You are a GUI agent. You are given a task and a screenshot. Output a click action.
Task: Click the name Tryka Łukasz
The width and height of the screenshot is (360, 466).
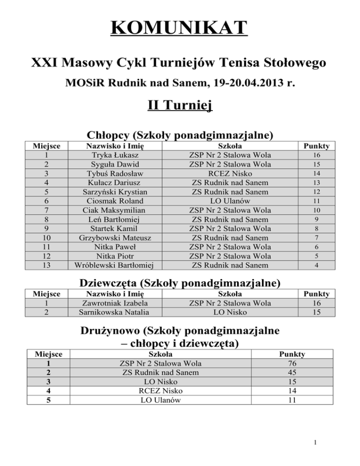point(115,155)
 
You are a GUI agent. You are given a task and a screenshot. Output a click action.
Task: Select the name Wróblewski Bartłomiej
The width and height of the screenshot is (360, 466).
point(115,265)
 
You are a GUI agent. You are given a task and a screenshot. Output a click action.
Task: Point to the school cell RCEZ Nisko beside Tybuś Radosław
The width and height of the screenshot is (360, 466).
point(230,173)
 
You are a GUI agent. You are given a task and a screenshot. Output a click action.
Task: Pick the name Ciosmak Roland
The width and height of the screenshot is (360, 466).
point(115,201)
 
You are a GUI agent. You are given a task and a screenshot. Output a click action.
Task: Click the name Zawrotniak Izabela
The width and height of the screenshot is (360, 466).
point(115,302)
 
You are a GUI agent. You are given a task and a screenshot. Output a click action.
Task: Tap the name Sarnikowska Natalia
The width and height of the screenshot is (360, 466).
point(115,311)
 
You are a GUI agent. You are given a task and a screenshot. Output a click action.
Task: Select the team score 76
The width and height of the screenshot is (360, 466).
point(292,363)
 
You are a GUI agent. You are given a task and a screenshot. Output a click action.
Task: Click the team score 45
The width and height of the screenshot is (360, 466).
point(292,372)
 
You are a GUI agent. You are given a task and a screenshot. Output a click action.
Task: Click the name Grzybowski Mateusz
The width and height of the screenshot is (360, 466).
point(115,238)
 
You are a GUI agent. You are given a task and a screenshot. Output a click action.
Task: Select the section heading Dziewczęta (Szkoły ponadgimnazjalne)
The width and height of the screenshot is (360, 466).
point(180,283)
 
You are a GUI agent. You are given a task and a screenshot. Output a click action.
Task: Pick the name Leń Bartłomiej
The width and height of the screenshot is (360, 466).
point(115,219)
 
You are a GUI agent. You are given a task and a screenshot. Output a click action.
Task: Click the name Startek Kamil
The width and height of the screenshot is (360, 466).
point(115,228)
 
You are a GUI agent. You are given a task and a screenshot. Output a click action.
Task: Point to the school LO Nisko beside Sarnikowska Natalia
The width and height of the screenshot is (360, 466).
point(230,311)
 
